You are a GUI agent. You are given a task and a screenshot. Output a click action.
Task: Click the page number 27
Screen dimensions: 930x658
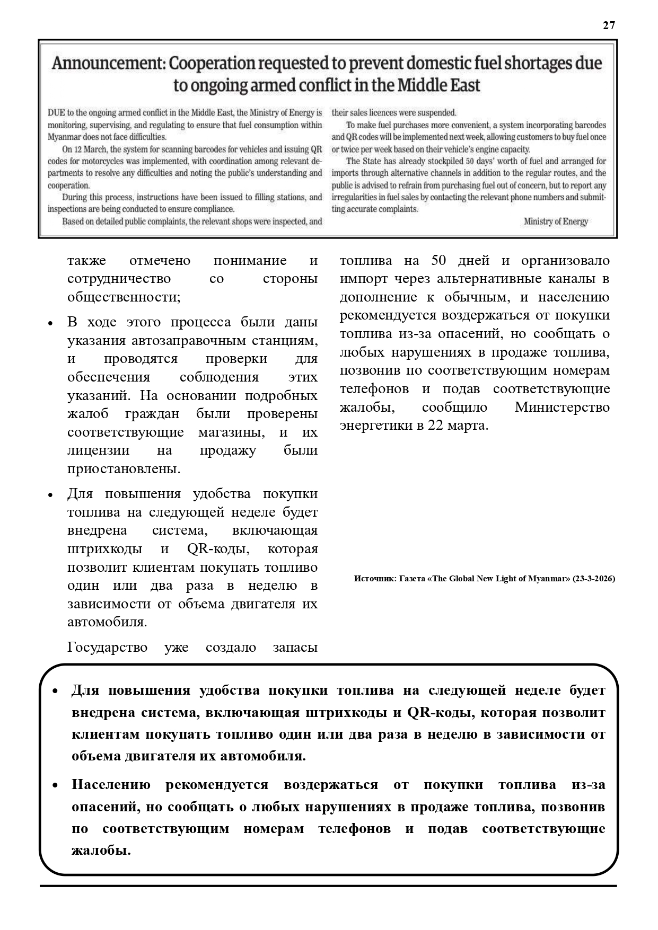(609, 25)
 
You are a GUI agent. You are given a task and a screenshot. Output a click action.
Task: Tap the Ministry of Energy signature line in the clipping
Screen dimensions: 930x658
(555, 222)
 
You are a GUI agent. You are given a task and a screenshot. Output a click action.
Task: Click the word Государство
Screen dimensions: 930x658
(107, 648)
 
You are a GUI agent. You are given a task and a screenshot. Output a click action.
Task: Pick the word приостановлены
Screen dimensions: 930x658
(124, 469)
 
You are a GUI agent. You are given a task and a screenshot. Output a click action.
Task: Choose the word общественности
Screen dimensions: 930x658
(124, 297)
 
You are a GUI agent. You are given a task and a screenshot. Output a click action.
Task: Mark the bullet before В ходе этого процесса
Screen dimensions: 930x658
(50, 323)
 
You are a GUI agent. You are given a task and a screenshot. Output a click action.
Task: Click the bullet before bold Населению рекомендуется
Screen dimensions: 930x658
(55, 785)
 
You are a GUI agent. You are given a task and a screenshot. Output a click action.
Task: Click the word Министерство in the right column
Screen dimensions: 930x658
(562, 408)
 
